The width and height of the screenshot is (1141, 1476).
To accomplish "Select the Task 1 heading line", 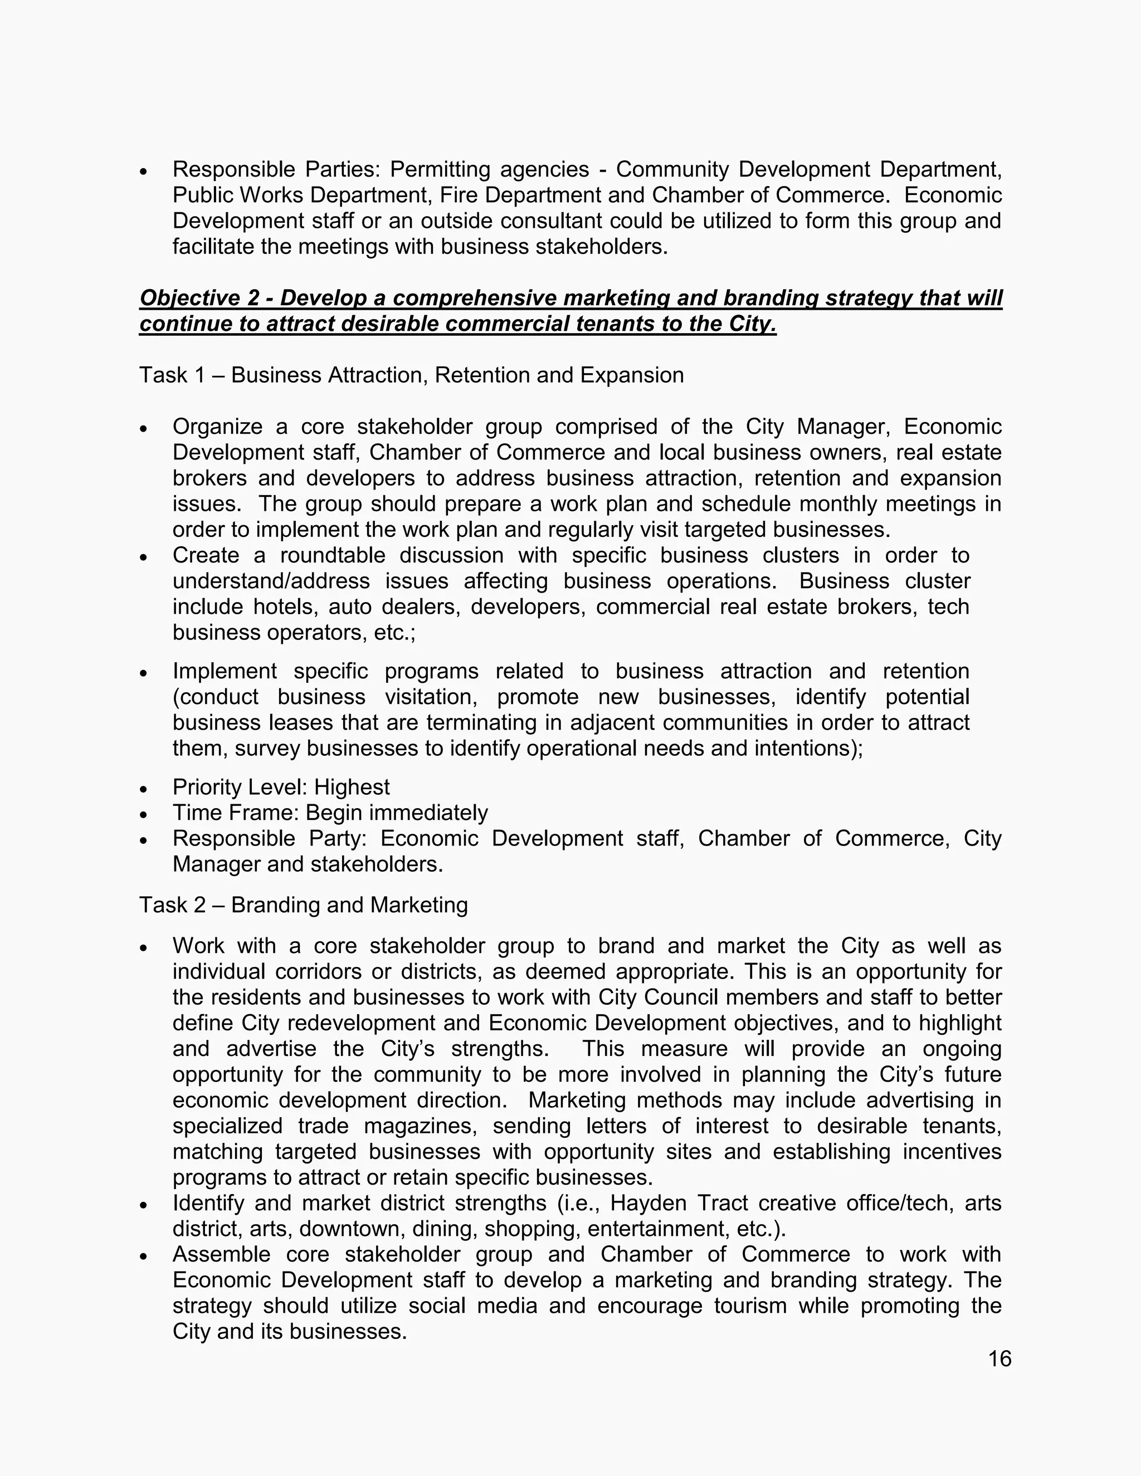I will [411, 375].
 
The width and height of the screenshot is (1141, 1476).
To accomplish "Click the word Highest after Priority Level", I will [352, 788].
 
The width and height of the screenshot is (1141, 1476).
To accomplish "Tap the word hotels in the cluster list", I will [285, 607].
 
